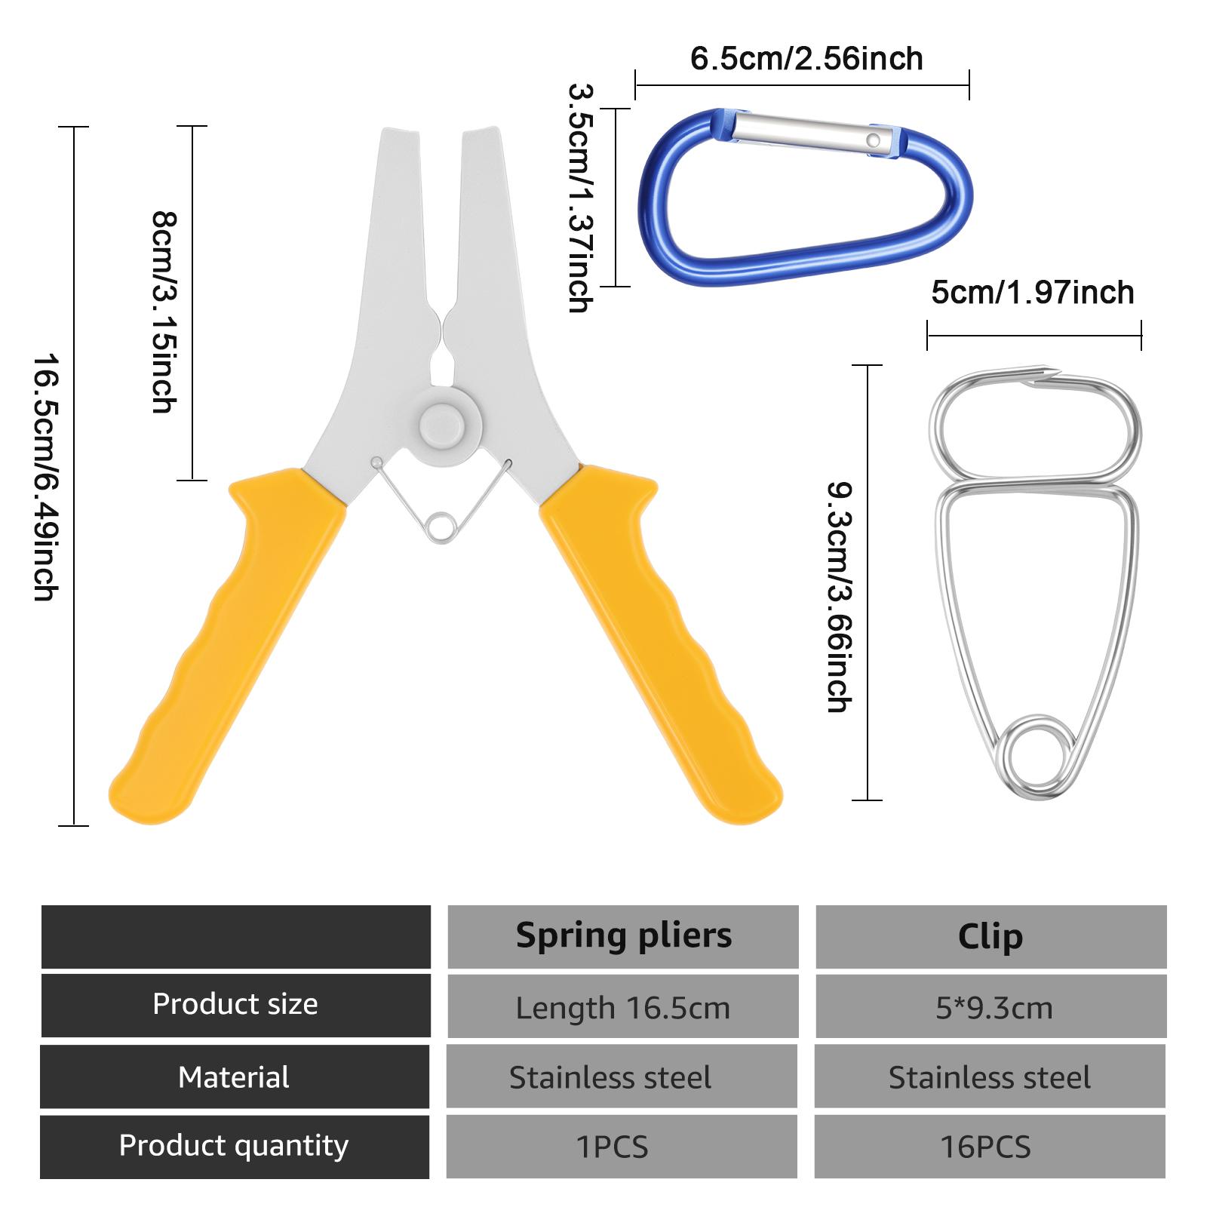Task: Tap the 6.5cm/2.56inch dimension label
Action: (806, 59)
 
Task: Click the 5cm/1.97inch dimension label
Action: (1033, 293)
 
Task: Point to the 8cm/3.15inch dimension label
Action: (164, 312)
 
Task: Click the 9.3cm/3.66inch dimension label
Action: (839, 597)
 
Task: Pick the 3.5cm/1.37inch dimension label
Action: (581, 198)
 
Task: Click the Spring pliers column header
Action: (624, 935)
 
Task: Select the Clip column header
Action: (990, 937)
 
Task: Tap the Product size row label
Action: (235, 1004)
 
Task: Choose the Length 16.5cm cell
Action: (623, 1009)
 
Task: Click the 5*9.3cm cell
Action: (994, 1009)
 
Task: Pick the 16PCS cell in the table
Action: (985, 1147)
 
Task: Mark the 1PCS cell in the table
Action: (612, 1147)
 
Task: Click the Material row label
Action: (234, 1077)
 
